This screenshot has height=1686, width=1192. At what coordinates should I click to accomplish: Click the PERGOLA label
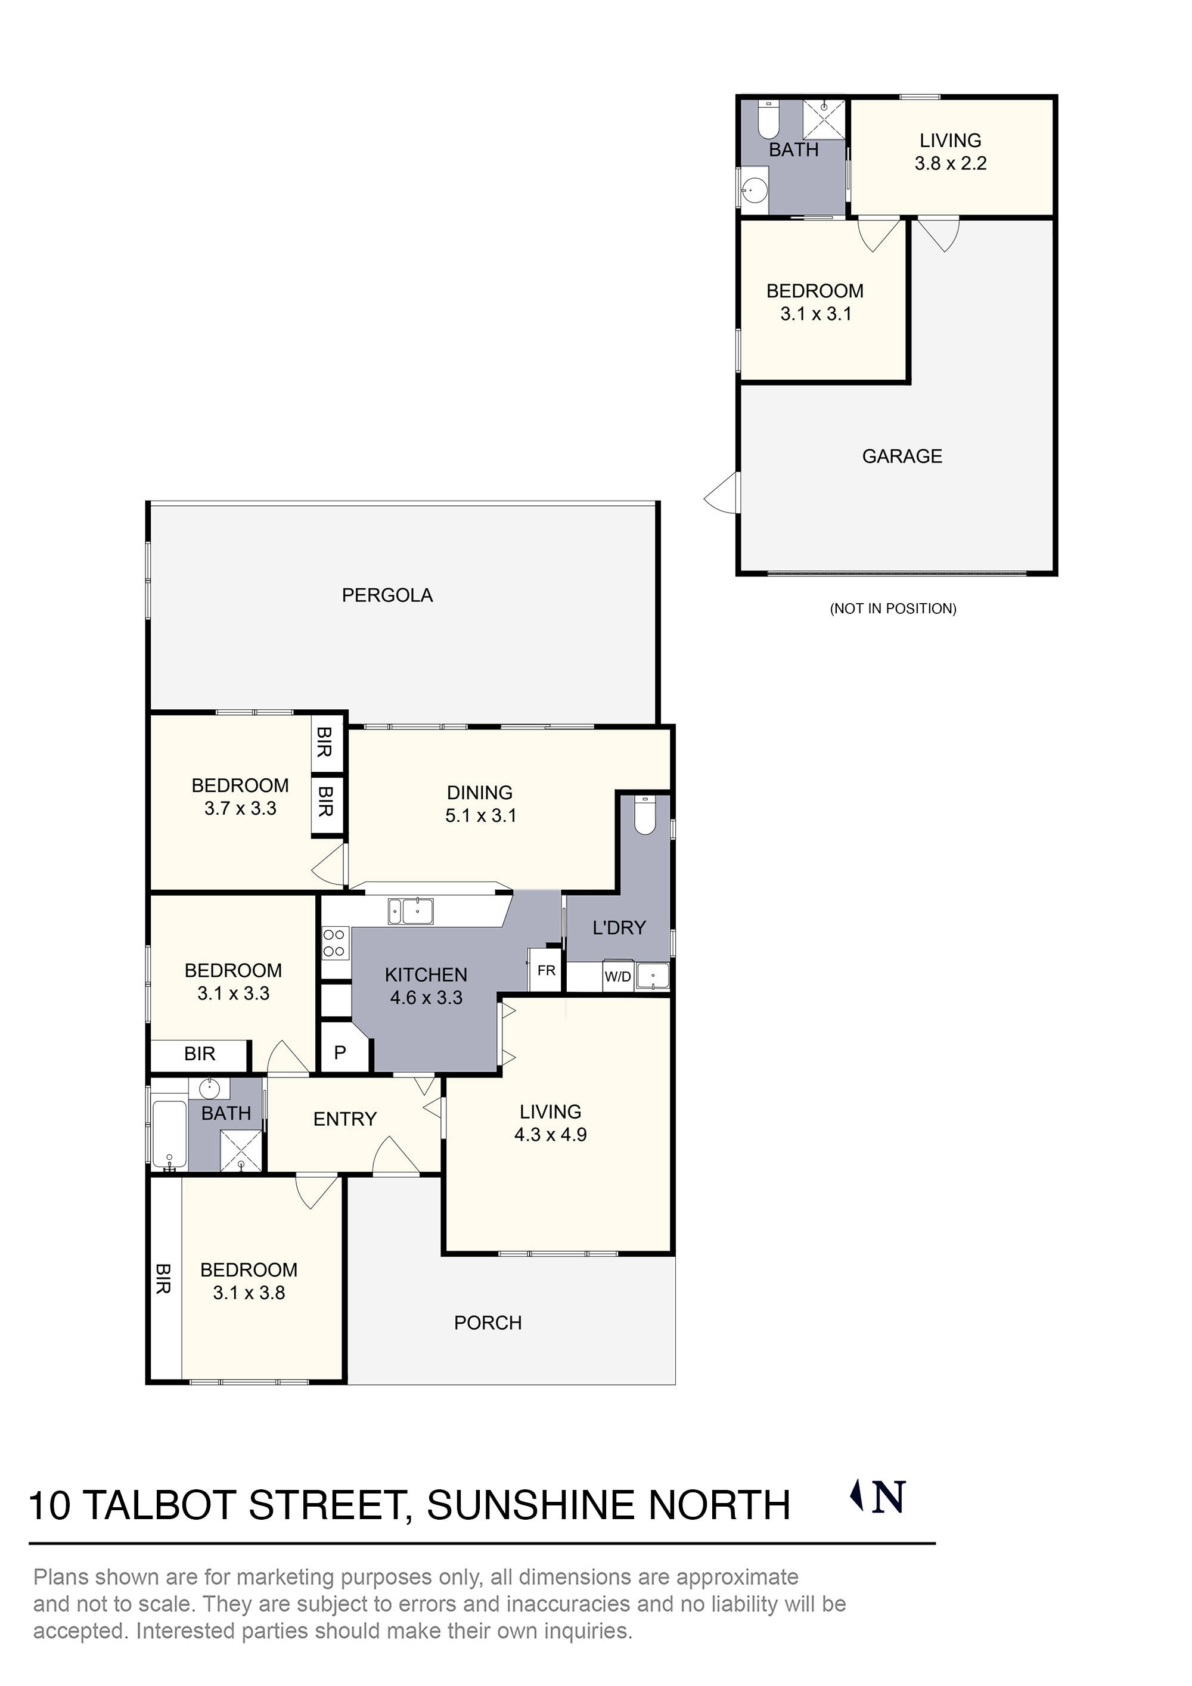coord(387,595)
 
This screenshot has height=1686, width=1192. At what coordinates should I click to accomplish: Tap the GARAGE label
coord(901,456)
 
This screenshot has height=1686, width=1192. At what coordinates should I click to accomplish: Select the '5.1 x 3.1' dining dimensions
coord(480,816)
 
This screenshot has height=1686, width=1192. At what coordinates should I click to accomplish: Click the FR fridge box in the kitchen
coord(547,970)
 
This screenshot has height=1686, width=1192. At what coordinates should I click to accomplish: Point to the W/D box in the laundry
coord(617,977)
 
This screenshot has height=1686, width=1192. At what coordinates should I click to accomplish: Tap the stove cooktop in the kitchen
coord(335,943)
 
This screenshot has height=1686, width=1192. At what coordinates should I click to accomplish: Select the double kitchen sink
coord(411,911)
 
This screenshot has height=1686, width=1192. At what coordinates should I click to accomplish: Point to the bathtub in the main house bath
coord(170,1135)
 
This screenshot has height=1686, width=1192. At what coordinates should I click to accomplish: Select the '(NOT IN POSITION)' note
coord(893,608)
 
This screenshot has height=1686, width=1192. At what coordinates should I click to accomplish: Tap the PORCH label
coord(488,1322)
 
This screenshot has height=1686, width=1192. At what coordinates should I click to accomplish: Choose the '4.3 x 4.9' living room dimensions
coord(550,1135)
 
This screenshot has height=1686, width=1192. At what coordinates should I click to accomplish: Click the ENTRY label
coord(344,1119)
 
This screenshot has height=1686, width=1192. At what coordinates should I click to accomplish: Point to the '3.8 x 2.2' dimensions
coord(951,163)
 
